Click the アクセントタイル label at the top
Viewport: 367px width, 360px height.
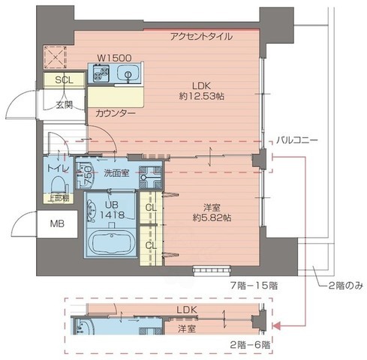click(201, 37)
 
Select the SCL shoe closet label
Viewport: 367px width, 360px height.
click(64, 79)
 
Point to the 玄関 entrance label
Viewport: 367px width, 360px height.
click(65, 103)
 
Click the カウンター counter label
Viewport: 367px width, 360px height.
click(116, 112)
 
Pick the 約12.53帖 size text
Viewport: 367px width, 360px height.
click(203, 97)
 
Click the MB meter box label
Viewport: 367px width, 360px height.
click(57, 223)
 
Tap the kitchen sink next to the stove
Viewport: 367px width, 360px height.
click(126, 74)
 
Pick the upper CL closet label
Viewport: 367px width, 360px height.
click(151, 208)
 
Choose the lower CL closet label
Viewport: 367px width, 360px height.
click(151, 244)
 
